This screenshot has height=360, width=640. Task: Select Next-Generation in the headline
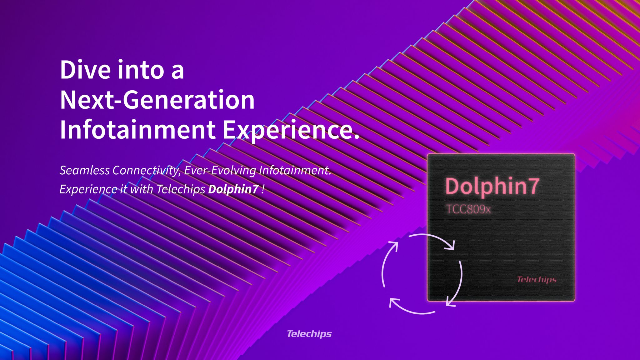coord(157,100)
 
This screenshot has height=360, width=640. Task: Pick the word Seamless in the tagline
coord(84,171)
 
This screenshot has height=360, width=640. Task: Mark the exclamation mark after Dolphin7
coord(263,189)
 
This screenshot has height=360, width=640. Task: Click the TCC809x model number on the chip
coord(468,209)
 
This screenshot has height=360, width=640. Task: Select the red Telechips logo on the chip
coord(537,279)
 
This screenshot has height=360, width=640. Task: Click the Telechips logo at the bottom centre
coord(309,334)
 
